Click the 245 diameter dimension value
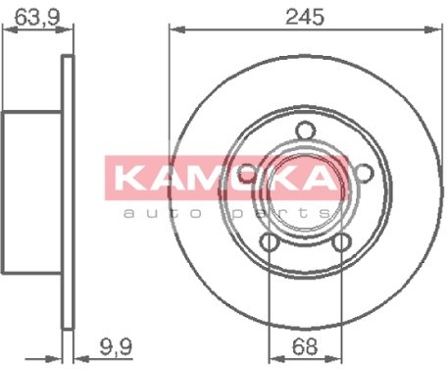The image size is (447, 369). pos(305,17)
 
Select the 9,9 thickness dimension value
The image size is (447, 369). pos(116,347)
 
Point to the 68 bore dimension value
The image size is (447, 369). pos(305,347)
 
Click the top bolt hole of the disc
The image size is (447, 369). pos(306,131)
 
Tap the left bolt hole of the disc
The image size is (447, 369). pos(247,174)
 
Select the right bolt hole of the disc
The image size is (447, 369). pos(364,173)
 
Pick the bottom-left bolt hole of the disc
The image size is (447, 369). pos(270,242)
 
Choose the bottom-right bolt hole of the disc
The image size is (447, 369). pos(341,242)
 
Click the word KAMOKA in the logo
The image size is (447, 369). pos(225,179)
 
